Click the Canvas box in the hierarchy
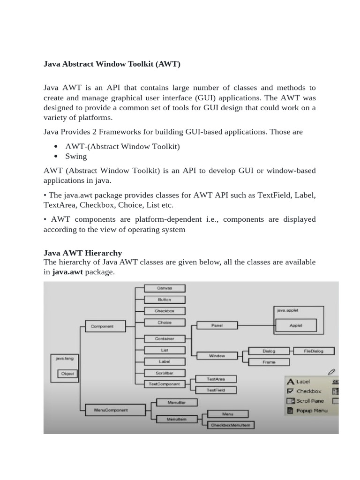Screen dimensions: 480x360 pyautogui.click(x=164, y=288)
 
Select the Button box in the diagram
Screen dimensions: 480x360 pyautogui.click(x=164, y=300)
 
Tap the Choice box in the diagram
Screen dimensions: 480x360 pyautogui.click(x=164, y=322)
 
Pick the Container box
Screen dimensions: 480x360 pyautogui.click(x=164, y=338)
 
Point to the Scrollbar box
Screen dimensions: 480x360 pyautogui.click(x=164, y=373)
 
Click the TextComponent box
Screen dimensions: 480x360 pyautogui.click(x=164, y=383)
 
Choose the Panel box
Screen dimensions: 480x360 pyautogui.click(x=217, y=325)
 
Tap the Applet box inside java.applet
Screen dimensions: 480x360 pyautogui.click(x=296, y=325)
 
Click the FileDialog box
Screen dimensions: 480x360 pyautogui.click(x=314, y=351)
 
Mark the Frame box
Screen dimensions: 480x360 pyautogui.click(x=269, y=362)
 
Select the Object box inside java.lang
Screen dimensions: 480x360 pyautogui.click(x=67, y=374)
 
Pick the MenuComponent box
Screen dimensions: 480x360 pyautogui.click(x=107, y=410)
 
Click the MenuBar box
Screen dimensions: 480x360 pyautogui.click(x=176, y=402)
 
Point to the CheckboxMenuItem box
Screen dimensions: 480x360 pyautogui.click(x=231, y=425)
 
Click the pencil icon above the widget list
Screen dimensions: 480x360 pyautogui.click(x=332, y=371)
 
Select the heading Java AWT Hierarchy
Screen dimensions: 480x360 pyautogui.click(x=82, y=253)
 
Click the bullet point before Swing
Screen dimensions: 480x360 pyautogui.click(x=56, y=157)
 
